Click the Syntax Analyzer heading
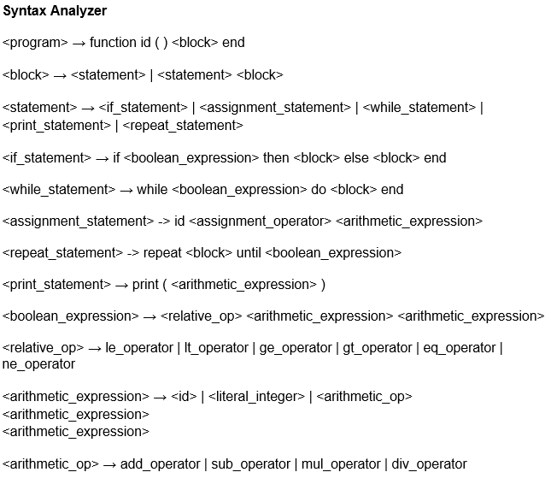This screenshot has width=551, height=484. click(55, 11)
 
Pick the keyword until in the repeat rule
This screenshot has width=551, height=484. click(249, 253)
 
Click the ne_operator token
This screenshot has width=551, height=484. click(38, 364)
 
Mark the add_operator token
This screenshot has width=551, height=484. click(158, 464)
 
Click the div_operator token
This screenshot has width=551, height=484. click(430, 464)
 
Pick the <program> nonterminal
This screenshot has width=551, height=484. click(35, 43)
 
